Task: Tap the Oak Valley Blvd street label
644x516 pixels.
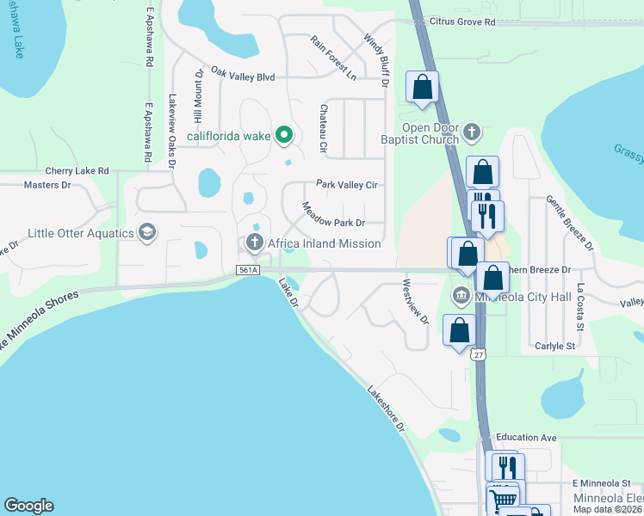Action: tap(243, 77)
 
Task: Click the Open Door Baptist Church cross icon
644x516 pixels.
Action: tap(471, 132)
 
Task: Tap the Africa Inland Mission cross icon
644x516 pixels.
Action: tap(254, 243)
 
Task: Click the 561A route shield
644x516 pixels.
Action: tap(247, 270)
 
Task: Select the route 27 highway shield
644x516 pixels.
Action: tap(480, 354)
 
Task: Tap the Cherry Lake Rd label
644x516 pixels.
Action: tap(77, 171)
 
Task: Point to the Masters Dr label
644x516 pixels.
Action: tap(47, 185)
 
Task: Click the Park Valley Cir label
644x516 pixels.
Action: tap(348, 184)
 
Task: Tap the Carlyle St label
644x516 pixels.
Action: tap(554, 346)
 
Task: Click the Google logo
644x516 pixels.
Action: tap(28, 506)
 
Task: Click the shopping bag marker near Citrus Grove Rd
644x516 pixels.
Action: tap(422, 87)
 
